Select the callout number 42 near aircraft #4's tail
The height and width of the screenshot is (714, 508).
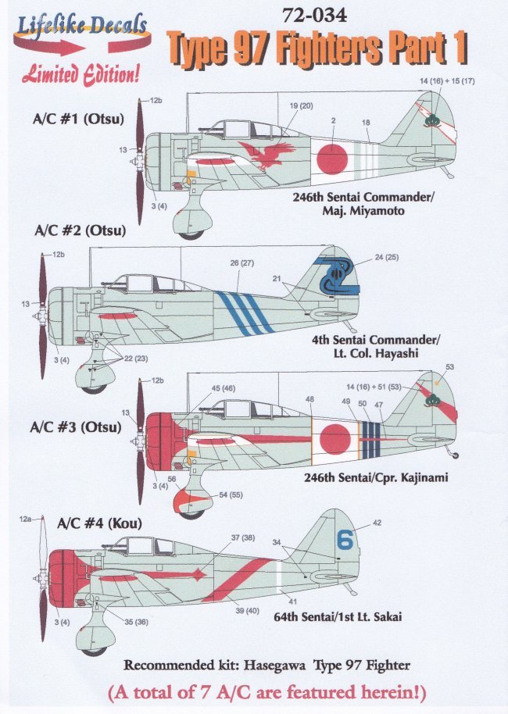tap(377, 523)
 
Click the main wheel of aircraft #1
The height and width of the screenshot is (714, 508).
tap(190, 231)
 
